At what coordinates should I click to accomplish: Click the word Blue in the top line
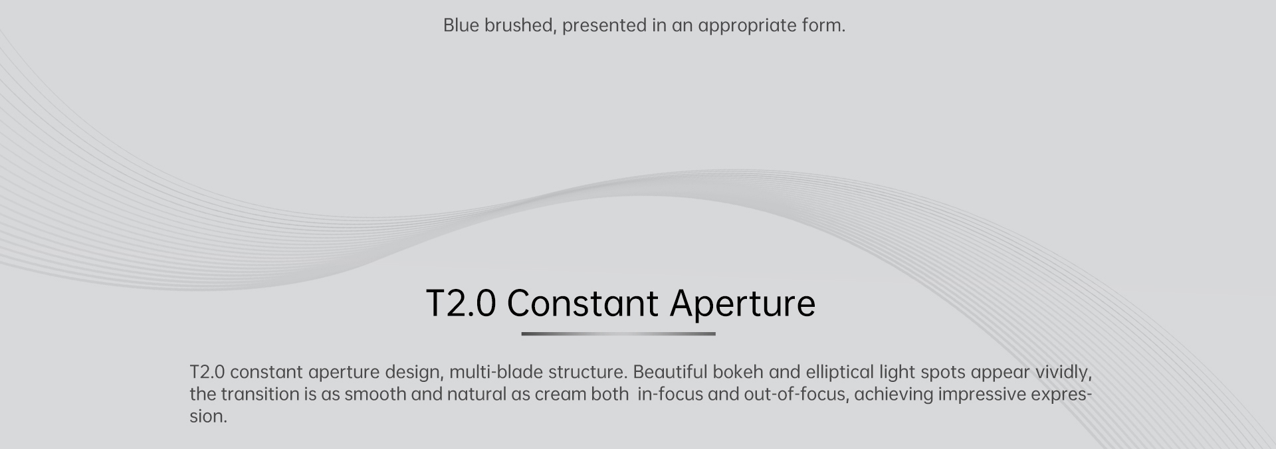point(461,26)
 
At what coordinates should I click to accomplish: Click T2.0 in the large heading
point(461,304)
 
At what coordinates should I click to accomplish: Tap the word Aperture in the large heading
point(742,304)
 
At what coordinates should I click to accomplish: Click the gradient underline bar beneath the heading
point(618,333)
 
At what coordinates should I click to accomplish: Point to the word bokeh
point(738,372)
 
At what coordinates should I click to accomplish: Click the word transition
point(260,395)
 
